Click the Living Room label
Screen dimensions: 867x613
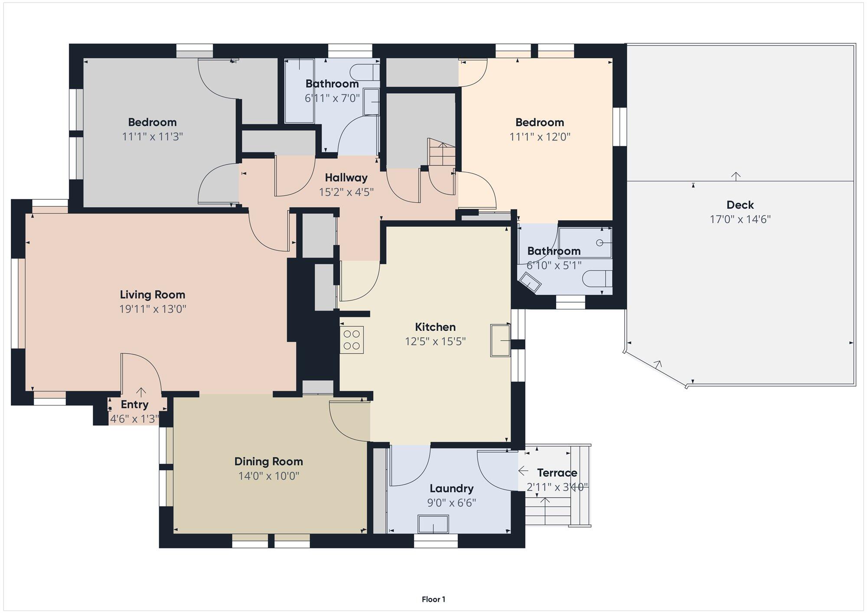[153, 295]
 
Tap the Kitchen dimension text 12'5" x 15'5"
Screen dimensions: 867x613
[435, 342]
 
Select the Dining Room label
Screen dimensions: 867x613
[269, 461]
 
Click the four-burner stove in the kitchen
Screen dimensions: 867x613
[352, 340]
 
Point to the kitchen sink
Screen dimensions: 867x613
[500, 340]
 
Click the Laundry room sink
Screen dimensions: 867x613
[433, 524]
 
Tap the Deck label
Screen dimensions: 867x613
[740, 205]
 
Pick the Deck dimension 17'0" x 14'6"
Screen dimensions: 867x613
[740, 219]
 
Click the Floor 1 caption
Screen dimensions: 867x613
[433, 599]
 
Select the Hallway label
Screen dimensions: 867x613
[346, 177]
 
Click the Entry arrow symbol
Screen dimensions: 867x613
[141, 392]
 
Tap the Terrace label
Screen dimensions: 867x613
[557, 473]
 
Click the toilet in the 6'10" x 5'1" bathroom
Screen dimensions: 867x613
[597, 278]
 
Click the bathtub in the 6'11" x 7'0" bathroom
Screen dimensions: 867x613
[299, 91]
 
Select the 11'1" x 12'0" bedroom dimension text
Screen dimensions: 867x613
[540, 137]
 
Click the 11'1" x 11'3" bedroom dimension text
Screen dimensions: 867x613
[153, 137]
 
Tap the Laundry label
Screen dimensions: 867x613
[451, 489]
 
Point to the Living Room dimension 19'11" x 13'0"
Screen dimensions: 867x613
[153, 309]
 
